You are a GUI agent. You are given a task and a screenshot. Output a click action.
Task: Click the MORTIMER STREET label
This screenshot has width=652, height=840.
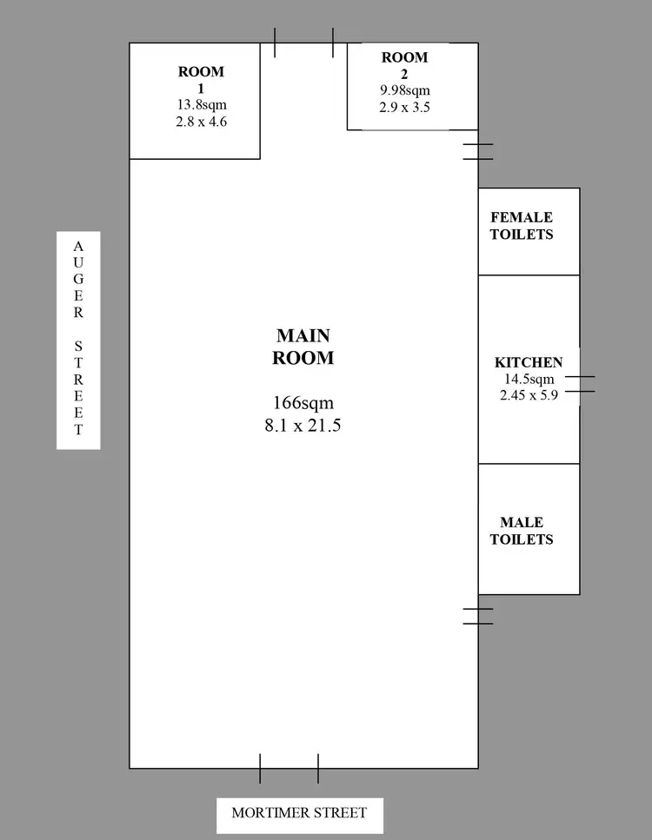(299, 814)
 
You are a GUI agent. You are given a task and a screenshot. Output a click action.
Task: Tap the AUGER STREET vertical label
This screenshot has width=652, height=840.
(78, 339)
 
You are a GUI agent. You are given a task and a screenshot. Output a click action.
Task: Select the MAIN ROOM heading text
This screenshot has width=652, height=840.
(303, 346)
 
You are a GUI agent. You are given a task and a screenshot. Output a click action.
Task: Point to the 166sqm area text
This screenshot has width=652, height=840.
(303, 403)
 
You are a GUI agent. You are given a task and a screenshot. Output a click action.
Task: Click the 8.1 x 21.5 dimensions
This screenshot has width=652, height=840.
(303, 426)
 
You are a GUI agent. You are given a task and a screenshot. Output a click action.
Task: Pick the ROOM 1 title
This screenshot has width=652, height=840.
(201, 80)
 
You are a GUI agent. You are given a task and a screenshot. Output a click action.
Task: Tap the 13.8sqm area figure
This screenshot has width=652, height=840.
(202, 105)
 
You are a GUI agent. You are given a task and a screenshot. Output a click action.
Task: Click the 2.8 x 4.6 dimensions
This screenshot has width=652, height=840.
(202, 122)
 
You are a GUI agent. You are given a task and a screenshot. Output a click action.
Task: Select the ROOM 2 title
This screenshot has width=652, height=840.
(404, 65)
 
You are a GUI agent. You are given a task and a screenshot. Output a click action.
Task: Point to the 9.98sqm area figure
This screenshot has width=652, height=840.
(404, 90)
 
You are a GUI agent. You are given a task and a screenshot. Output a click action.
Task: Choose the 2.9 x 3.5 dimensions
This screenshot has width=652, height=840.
(404, 108)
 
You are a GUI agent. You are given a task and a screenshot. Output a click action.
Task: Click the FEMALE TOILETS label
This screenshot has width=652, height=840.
(522, 226)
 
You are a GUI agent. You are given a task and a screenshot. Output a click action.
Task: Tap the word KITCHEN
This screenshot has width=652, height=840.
(529, 362)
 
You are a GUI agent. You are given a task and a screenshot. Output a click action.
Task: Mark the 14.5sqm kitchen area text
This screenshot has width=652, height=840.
(529, 379)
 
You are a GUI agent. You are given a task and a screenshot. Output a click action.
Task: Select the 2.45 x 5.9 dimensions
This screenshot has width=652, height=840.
(529, 394)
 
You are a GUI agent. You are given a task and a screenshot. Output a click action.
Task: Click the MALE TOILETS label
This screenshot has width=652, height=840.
(522, 531)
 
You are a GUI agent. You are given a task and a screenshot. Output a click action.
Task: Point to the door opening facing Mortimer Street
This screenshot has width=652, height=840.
(289, 768)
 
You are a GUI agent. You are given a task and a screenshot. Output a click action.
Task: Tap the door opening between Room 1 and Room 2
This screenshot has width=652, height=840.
(303, 43)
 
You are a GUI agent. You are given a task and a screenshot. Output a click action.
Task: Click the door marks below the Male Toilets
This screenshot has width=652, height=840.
(478, 616)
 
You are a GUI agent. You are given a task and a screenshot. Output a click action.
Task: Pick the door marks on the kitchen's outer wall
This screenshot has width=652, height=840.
(579, 384)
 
